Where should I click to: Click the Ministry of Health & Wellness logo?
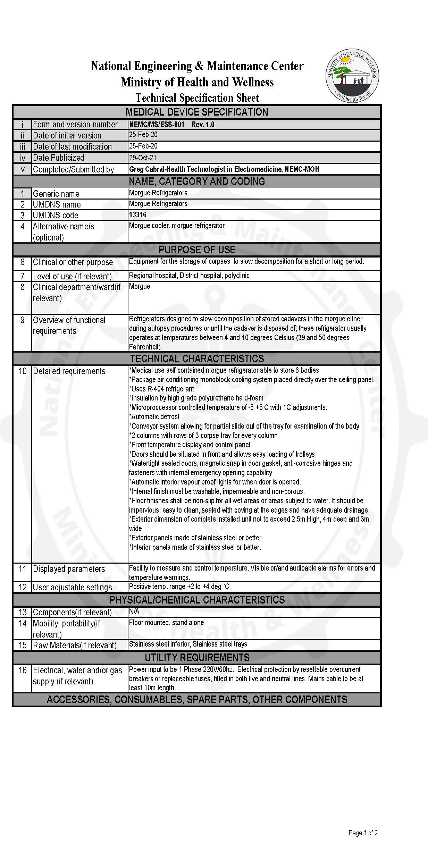pyautogui.click(x=352, y=76)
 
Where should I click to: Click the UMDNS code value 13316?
pyautogui.click(x=138, y=215)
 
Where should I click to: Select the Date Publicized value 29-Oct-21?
pyautogui.click(x=143, y=158)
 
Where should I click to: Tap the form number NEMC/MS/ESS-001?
pyautogui.click(x=157, y=125)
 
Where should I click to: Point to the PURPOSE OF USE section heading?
pyautogui.click(x=197, y=250)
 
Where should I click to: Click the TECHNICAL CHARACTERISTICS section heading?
pyautogui.click(x=197, y=359)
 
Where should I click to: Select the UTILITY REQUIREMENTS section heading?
pyautogui.click(x=197, y=657)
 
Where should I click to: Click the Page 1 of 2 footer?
pyautogui.click(x=363, y=833)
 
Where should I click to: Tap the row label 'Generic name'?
pyautogui.click(x=56, y=194)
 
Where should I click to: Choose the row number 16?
pyautogui.click(x=23, y=670)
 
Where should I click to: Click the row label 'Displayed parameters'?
pyautogui.click(x=69, y=569)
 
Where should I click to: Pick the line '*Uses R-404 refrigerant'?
pyautogui.click(x=161, y=389)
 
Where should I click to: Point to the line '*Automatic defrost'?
pyautogui.click(x=154, y=416)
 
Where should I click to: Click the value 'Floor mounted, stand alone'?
pyautogui.click(x=166, y=622)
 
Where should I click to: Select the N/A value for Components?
pyautogui.click(x=134, y=612)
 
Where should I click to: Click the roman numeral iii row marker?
pyautogui.click(x=23, y=147)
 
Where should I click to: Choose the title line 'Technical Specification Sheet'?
pyautogui.click(x=197, y=98)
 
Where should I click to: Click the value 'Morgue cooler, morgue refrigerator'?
pyautogui.click(x=177, y=226)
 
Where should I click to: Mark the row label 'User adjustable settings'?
pyautogui.click(x=72, y=587)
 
